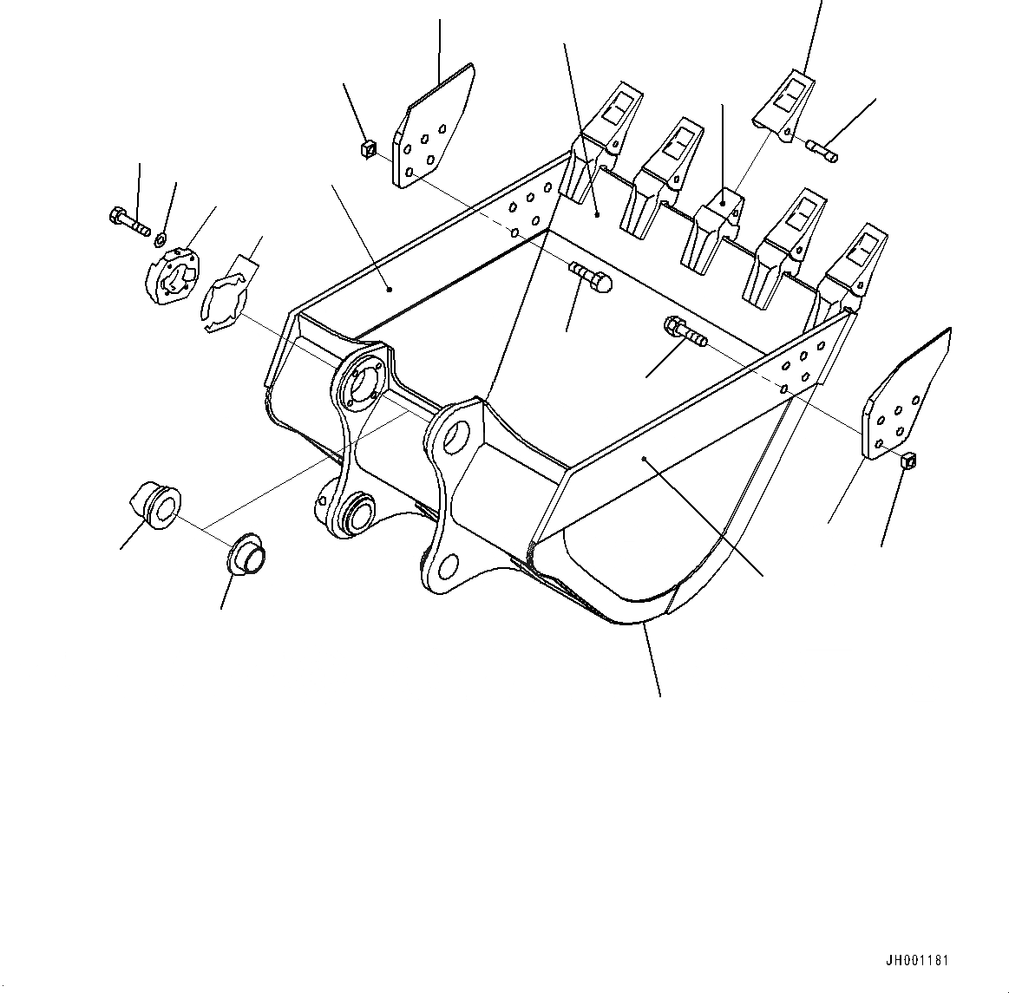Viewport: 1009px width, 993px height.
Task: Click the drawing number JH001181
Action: tap(917, 961)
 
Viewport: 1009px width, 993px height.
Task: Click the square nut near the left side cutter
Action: tap(368, 150)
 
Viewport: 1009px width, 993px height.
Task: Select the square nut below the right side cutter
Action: tap(908, 460)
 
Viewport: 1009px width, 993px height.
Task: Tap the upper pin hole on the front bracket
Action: tap(459, 435)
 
